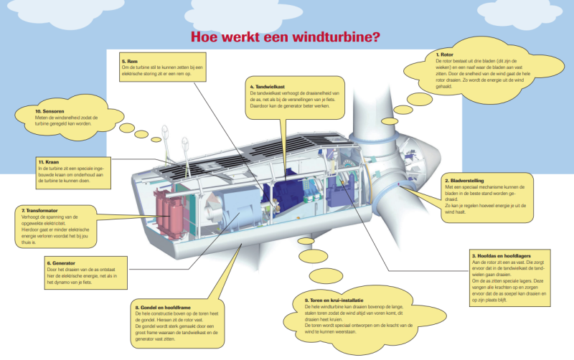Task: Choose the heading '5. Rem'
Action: [129, 62]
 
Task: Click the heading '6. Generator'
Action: [62, 263]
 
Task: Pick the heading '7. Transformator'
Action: [42, 210]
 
